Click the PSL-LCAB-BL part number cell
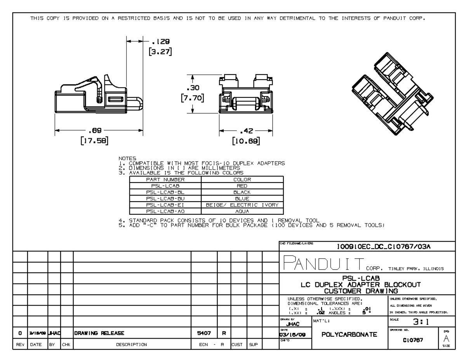165,192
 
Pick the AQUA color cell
242,211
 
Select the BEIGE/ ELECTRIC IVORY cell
242,205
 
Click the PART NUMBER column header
165,180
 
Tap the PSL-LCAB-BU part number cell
165,198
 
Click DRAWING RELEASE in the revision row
97,332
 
